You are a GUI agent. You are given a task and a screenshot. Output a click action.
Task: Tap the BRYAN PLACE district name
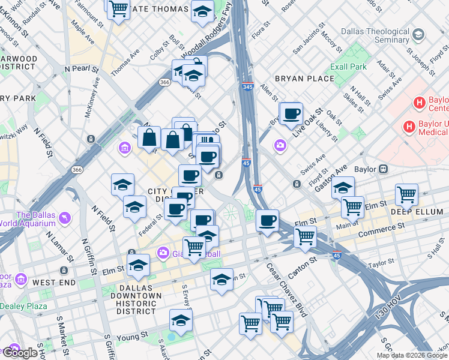click(x=304, y=79)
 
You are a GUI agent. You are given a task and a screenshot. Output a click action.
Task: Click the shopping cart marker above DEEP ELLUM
click(x=406, y=194)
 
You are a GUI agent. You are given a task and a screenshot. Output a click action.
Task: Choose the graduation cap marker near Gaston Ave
click(x=343, y=188)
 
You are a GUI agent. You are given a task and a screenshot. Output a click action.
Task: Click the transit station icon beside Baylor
click(x=382, y=169)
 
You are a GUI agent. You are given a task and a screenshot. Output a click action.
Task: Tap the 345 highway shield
click(x=247, y=86)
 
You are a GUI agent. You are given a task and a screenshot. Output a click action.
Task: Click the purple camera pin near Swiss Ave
click(x=280, y=145)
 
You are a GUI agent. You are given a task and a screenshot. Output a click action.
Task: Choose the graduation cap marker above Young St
click(x=181, y=320)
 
